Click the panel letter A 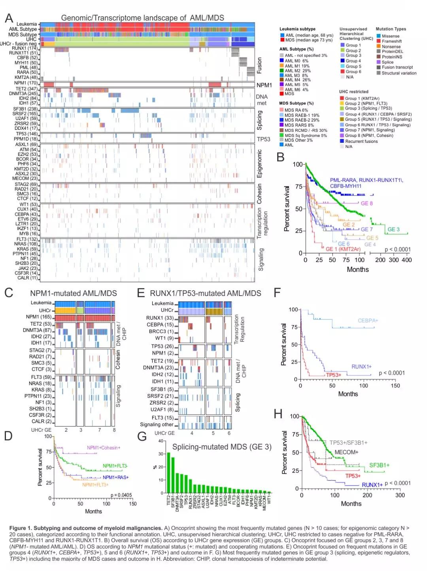(x=9, y=18)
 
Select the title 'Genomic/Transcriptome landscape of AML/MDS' (x=142, y=18)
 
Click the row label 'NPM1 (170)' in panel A (x=26, y=83)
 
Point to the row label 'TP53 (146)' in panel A (x=27, y=134)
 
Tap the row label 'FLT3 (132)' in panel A (x=27, y=239)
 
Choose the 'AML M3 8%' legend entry (x=296, y=75)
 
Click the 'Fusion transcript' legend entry (x=397, y=67)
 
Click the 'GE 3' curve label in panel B (x=393, y=230)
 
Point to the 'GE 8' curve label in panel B (x=367, y=203)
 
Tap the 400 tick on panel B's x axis (x=406, y=260)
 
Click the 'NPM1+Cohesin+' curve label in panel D (x=104, y=448)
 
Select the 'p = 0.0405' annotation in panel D (x=121, y=495)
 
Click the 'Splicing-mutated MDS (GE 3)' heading (x=222, y=447)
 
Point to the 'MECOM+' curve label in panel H (x=346, y=452)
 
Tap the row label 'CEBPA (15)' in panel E (x=161, y=324)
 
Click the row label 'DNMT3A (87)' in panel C (x=37, y=330)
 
